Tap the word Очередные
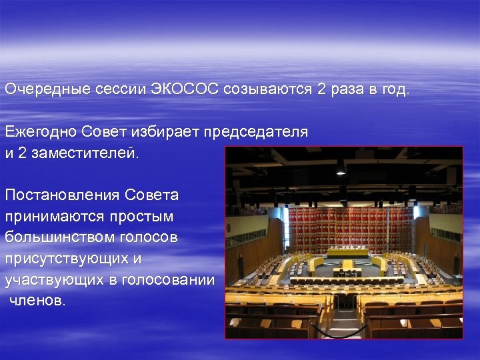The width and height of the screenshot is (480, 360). tap(43, 90)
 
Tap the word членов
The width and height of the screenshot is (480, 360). tap(38, 301)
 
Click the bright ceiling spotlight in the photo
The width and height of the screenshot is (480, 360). tap(341, 170)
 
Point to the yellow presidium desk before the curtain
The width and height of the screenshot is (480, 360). tap(347, 253)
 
